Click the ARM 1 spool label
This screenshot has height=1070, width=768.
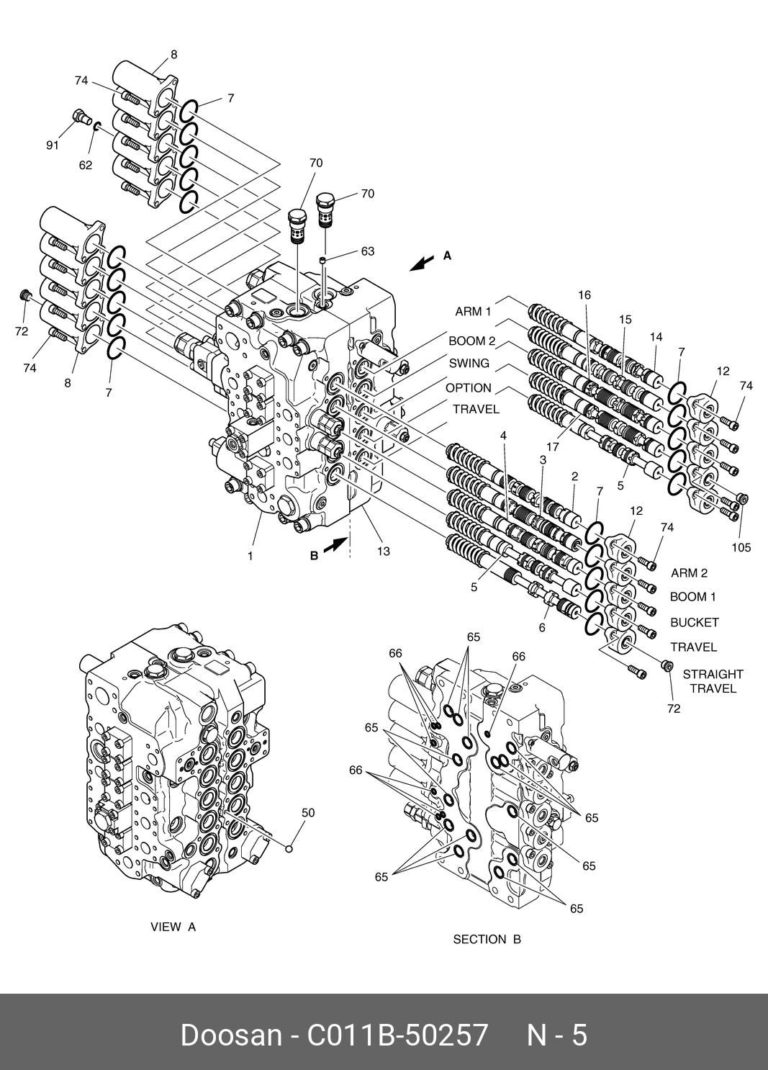(473, 312)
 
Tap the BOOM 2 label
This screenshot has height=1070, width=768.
(472, 341)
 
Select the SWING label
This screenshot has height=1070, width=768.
(469, 364)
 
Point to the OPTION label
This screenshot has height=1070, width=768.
(469, 388)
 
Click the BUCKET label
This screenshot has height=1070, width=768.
(695, 622)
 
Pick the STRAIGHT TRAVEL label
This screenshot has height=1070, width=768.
(713, 681)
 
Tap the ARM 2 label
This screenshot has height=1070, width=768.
(689, 573)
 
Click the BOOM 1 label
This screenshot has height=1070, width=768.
(693, 597)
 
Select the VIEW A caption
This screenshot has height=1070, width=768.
(173, 927)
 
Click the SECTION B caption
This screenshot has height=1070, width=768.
(487, 939)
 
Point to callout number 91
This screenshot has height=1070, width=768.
(53, 145)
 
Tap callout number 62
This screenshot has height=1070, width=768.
(86, 165)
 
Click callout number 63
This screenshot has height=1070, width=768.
(368, 251)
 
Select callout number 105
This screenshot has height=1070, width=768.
(741, 547)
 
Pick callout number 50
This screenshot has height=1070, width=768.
(308, 813)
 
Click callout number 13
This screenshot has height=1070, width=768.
(383, 552)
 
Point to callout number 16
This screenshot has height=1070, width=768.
(584, 295)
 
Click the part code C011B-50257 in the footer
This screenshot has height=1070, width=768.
(397, 1035)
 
